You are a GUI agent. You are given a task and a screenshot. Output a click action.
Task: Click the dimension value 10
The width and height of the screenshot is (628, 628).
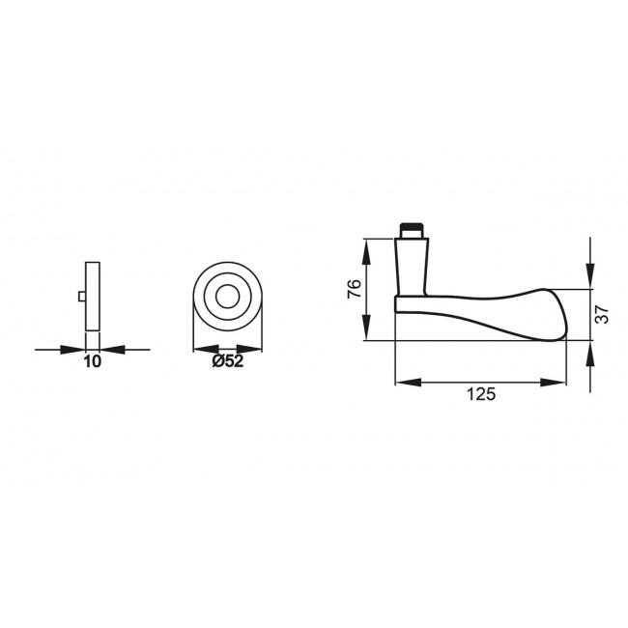coord(92,362)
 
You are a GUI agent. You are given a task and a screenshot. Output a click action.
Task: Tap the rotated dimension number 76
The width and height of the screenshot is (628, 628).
coord(355,289)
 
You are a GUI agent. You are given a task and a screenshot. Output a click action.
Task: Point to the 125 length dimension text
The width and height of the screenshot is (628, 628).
coord(480,394)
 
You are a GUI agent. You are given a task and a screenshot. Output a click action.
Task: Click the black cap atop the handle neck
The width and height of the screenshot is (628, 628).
coord(412,231)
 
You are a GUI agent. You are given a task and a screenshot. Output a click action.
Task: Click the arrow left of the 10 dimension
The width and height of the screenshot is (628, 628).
coord(75,348)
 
